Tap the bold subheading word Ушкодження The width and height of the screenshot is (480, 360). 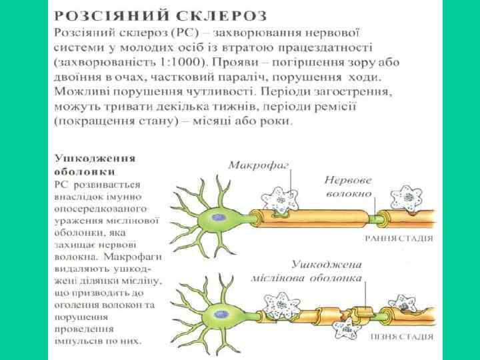pos(95,159)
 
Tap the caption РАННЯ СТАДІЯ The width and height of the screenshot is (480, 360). pos(399,237)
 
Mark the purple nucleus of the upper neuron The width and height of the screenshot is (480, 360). pos(219,217)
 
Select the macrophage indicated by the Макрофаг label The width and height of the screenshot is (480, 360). pos(279,199)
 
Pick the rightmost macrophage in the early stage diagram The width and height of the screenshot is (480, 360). pos(405,199)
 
